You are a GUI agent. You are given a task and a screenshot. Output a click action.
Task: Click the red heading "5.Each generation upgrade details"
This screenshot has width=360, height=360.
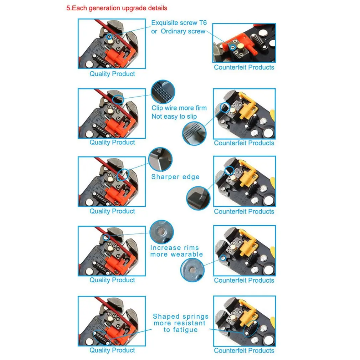[117, 8]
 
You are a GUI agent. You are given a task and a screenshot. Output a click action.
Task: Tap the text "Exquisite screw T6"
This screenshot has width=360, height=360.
[179, 23]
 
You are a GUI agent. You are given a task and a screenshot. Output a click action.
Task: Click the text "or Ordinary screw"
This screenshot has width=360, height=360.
[178, 31]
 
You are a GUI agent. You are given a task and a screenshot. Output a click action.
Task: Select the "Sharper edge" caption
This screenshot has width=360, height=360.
[175, 177]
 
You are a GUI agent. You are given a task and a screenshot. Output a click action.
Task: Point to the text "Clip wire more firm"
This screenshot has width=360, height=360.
[179, 108]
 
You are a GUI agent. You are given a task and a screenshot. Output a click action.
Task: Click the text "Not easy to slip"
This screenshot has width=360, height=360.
[174, 117]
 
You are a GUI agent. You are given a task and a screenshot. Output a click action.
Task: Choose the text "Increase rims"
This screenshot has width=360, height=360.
[175, 248]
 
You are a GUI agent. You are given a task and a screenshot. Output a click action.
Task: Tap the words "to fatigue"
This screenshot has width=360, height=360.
[181, 330]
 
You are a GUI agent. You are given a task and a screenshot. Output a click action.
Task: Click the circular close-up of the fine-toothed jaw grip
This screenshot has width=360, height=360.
[163, 92]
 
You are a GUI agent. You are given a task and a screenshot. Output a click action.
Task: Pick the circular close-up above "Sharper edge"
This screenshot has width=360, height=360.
[160, 159]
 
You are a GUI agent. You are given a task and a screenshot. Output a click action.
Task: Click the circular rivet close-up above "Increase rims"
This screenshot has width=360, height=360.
[161, 232]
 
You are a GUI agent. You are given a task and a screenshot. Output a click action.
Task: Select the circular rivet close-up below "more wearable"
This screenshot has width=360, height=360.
[192, 270]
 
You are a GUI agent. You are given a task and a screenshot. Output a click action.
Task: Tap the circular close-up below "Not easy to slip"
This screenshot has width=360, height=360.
[194, 134]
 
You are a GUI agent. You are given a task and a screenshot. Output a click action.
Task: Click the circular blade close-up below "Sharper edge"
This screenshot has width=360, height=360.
[198, 198]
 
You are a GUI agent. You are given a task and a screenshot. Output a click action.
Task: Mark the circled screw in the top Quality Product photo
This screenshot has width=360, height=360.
[110, 37]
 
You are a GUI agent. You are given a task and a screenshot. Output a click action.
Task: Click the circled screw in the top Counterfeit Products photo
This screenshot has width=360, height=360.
[232, 47]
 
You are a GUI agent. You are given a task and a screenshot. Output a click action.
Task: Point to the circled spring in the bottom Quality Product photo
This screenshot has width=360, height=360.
[101, 338]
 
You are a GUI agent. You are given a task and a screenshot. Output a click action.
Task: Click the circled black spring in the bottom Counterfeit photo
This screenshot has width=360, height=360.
[251, 329]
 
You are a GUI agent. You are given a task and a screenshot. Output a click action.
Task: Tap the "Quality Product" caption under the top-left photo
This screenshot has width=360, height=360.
[112, 74]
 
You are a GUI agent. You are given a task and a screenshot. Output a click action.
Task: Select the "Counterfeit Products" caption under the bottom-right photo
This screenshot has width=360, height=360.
[244, 351]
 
